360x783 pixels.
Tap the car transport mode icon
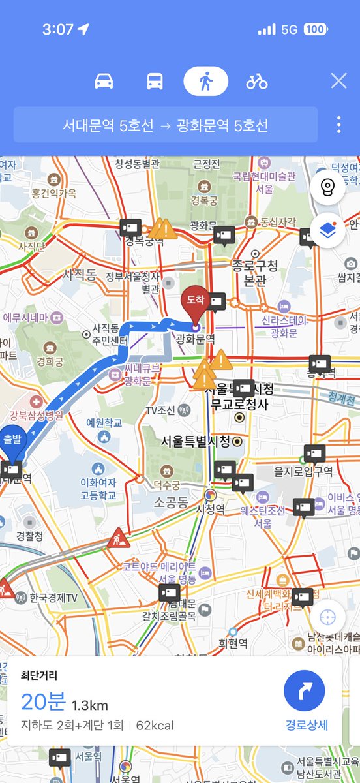click(x=104, y=82)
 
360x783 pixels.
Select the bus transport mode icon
click(x=155, y=82)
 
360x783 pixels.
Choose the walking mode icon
click(x=205, y=82)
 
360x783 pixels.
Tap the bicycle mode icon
click(x=257, y=82)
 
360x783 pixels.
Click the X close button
click(x=338, y=81)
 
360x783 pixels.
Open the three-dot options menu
click(x=338, y=125)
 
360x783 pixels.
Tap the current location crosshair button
click(x=327, y=617)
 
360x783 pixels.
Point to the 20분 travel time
click(x=43, y=702)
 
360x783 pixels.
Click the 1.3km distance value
click(x=90, y=705)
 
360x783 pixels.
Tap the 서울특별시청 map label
click(x=195, y=442)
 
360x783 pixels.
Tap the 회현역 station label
click(x=233, y=643)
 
